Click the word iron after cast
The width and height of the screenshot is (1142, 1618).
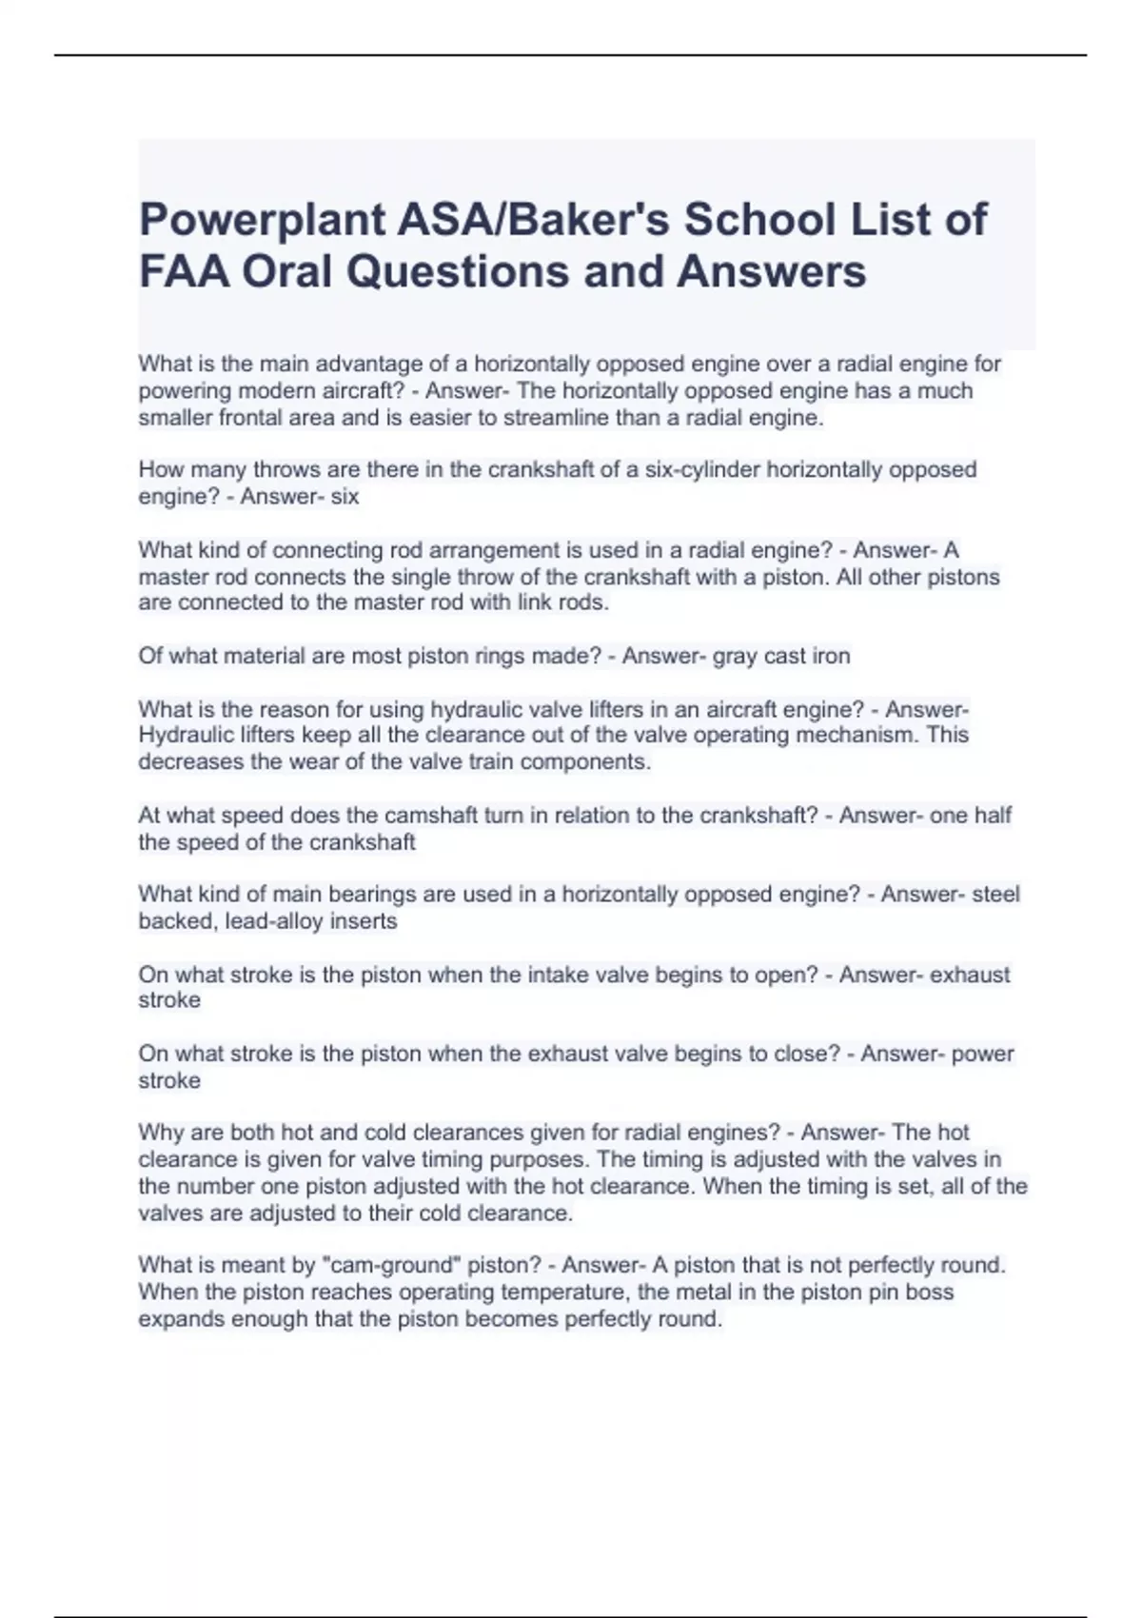[831, 656]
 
